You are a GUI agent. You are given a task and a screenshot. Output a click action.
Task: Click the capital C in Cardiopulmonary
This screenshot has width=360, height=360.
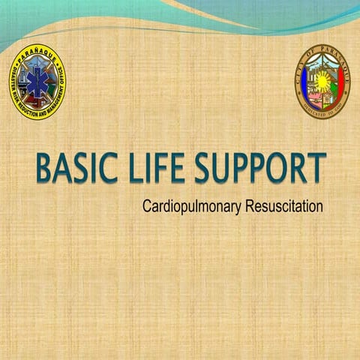pos(145,204)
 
